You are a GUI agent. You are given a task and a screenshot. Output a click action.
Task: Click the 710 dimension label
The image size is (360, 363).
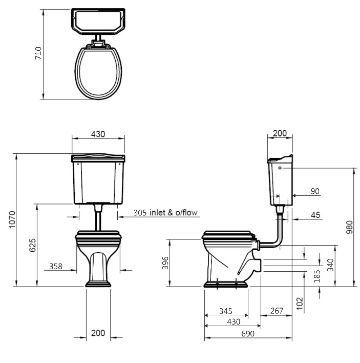click(x=38, y=53)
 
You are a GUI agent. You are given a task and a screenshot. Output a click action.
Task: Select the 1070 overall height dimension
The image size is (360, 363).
click(x=12, y=219)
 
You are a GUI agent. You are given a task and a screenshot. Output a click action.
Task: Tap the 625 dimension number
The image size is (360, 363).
click(x=33, y=245)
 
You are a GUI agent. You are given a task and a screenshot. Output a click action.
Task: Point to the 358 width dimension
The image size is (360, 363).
click(x=56, y=266)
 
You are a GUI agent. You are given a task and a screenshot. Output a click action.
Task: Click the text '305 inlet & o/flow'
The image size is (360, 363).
click(x=165, y=213)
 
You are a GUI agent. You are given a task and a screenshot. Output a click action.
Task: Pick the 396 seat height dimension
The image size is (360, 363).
click(x=165, y=263)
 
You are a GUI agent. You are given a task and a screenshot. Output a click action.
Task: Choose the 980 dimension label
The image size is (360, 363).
click(x=350, y=227)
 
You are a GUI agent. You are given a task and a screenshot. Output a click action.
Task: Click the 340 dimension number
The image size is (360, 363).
click(x=330, y=265)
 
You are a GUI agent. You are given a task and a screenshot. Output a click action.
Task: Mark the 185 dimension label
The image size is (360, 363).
click(x=317, y=276)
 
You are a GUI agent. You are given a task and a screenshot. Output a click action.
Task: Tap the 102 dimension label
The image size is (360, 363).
click(x=300, y=304)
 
